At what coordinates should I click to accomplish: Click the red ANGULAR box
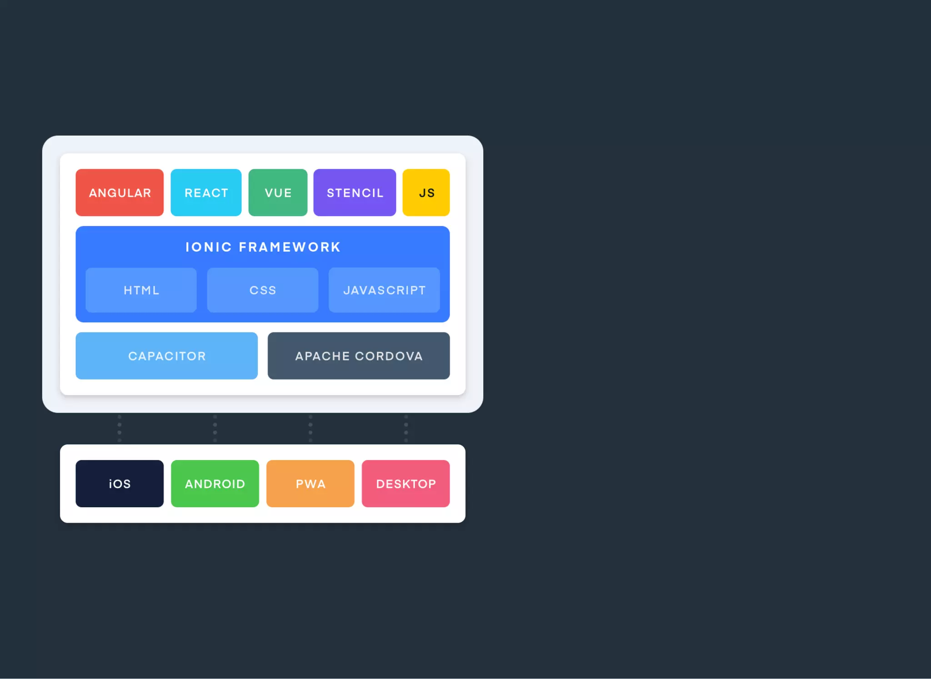point(120,193)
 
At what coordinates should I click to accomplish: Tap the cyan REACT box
point(206,193)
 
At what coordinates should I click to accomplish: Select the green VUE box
point(278,193)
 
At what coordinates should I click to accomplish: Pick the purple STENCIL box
point(355,193)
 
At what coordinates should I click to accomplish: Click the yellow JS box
point(426,193)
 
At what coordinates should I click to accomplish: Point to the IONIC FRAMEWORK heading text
point(263,247)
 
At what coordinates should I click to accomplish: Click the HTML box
point(141,290)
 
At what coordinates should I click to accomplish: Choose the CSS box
point(263,290)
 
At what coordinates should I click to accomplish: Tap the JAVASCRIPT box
point(384,290)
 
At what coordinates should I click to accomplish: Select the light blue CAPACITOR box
point(166,356)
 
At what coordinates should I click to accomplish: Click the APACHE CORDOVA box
point(359,356)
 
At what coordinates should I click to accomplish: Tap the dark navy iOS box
point(120,484)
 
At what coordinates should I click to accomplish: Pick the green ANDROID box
point(215,484)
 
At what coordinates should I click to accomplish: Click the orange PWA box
point(310,484)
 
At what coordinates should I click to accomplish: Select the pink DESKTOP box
point(406,484)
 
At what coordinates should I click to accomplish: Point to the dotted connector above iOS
point(120,428)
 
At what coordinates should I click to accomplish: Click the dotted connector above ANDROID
point(215,428)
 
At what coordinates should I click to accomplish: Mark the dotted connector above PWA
point(310,428)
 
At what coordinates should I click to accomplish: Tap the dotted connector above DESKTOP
point(406,428)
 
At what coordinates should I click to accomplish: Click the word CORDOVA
point(389,356)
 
